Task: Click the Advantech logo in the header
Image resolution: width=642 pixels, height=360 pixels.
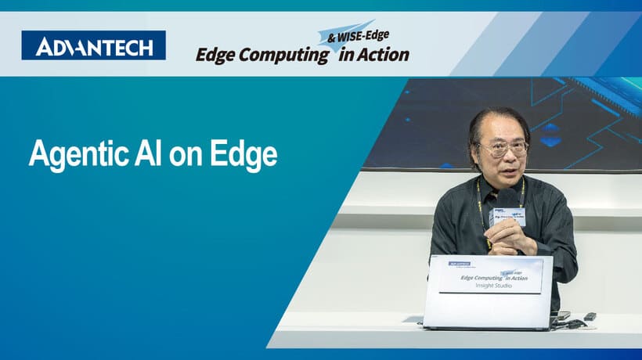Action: pos(93,45)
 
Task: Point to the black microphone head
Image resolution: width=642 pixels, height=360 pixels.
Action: pos(507,198)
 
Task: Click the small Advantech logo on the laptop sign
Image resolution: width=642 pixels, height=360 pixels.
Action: pos(460,265)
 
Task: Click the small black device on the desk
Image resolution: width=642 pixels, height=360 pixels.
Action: pos(590,316)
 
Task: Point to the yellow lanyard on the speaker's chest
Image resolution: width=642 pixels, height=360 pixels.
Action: pos(480,207)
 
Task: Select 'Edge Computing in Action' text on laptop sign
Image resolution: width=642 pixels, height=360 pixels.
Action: pos(493,276)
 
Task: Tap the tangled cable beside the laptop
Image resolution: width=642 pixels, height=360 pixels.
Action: pos(570,322)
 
